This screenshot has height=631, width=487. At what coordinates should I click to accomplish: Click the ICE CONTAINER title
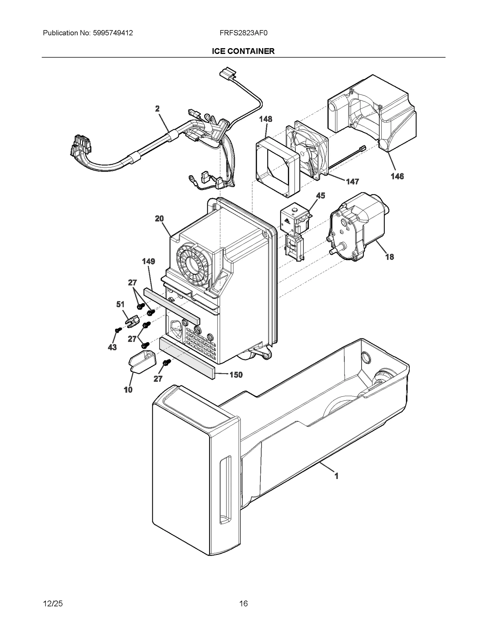243,51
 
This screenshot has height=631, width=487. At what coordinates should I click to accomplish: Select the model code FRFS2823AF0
243,33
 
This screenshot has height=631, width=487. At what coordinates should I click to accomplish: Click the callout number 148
265,119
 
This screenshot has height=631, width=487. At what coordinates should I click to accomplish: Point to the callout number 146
397,176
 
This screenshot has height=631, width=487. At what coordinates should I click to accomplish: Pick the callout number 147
352,182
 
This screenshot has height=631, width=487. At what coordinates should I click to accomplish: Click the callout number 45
321,195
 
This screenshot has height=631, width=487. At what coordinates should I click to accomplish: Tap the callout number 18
390,257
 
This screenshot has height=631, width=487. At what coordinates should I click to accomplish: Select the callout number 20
159,218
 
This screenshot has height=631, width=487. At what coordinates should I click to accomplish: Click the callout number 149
149,261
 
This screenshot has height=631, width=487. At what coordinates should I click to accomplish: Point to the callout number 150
236,375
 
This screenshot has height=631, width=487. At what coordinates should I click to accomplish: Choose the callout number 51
121,304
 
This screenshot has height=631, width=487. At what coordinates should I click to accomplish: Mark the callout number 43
112,347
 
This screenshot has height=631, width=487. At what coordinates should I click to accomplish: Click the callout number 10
128,390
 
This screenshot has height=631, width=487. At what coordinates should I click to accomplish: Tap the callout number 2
157,109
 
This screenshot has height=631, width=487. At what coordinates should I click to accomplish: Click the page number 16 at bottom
243,603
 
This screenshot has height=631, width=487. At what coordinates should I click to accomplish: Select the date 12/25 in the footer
53,603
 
